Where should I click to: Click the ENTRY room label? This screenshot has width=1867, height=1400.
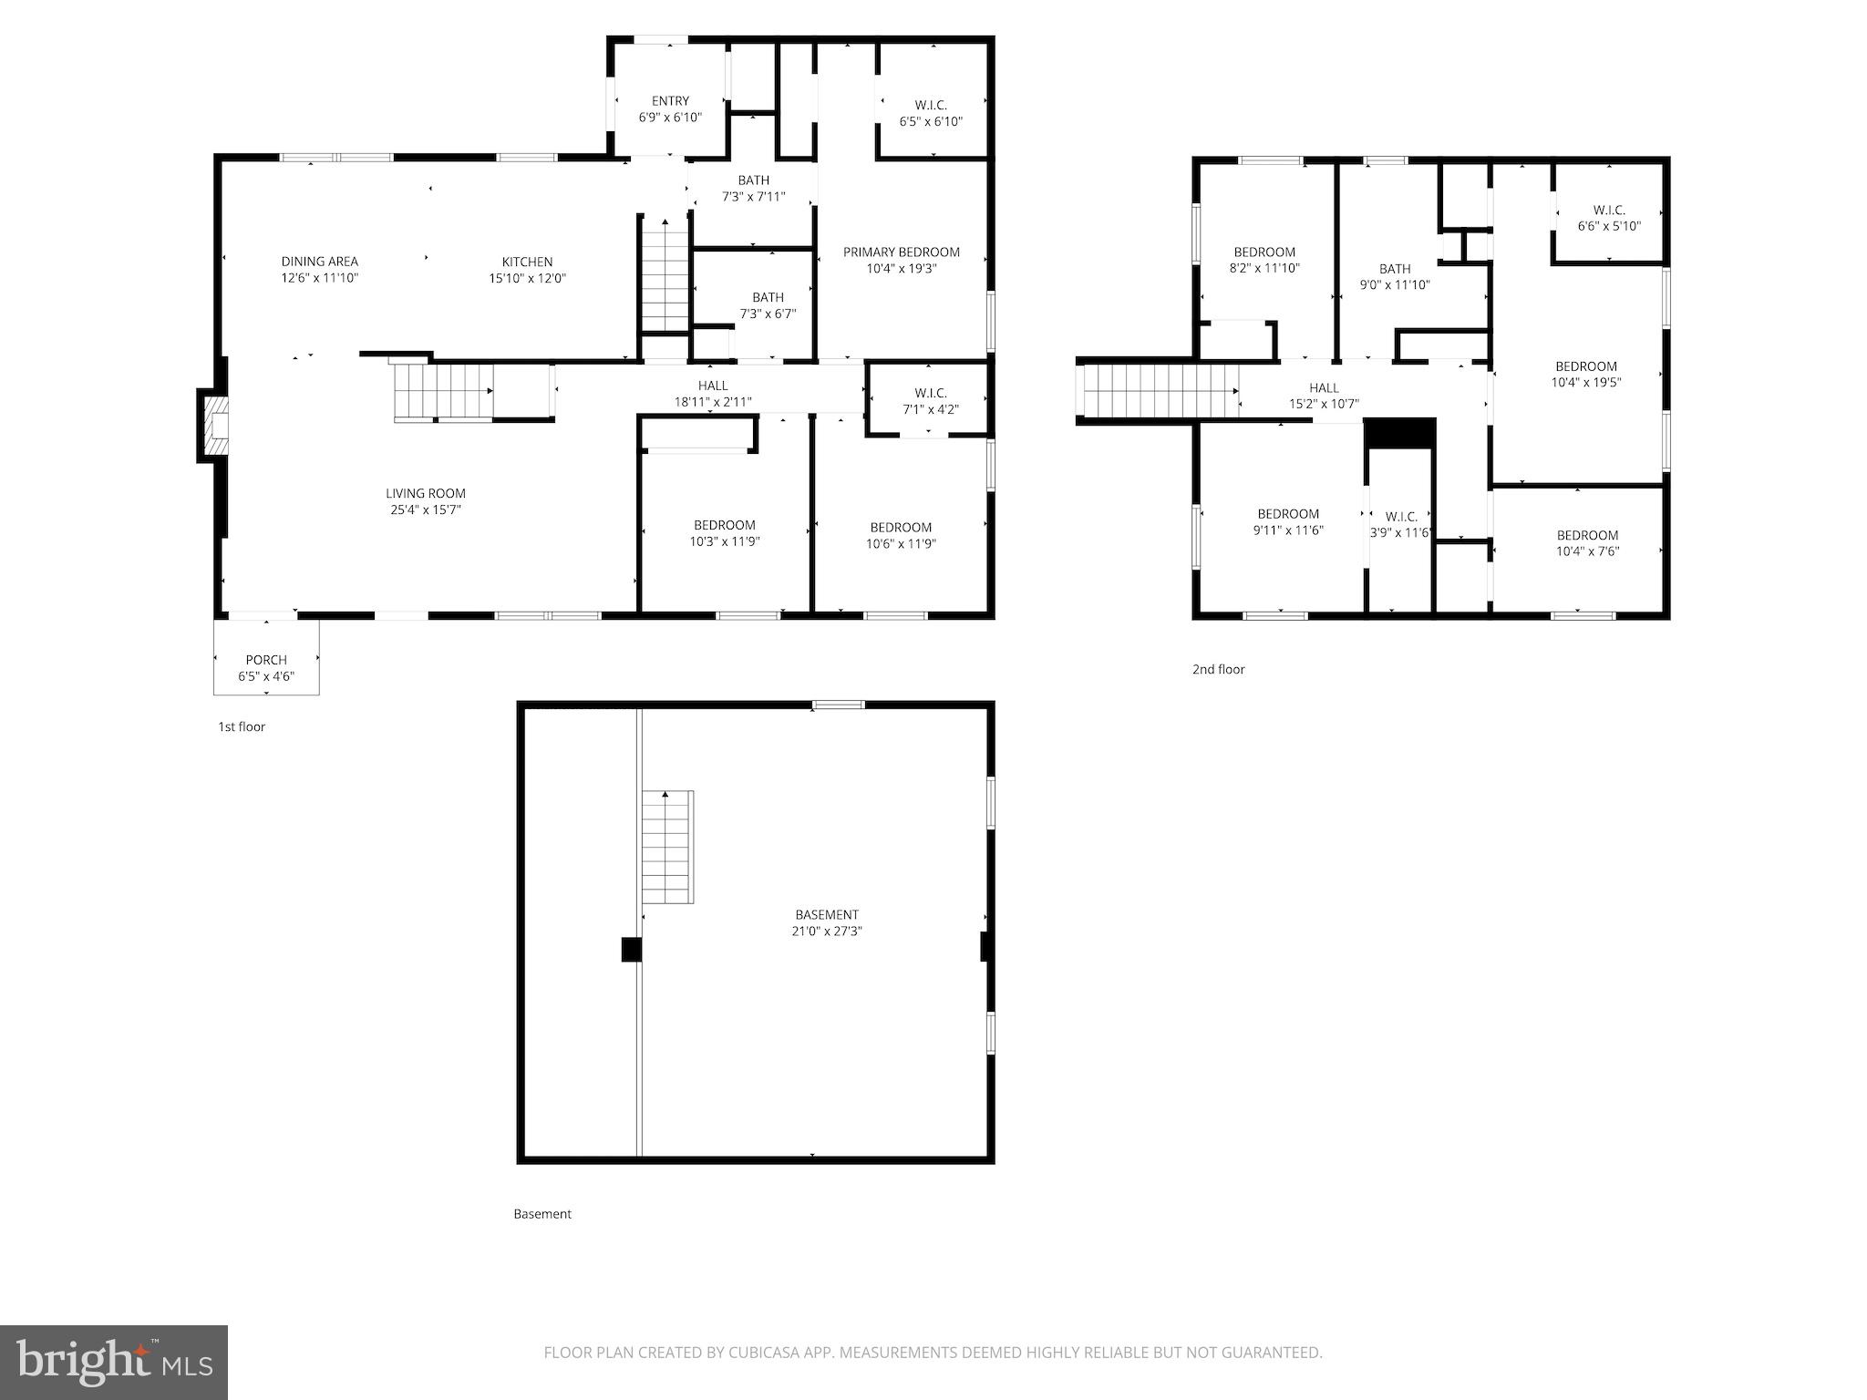(x=670, y=101)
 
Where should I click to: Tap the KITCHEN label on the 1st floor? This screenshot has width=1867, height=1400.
(x=527, y=262)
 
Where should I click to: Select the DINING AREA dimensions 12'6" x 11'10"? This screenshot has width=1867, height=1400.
(x=319, y=278)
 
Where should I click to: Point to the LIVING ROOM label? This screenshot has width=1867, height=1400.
(x=425, y=493)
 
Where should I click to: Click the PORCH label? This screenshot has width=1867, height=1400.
(x=266, y=660)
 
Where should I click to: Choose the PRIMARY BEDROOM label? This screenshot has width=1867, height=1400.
(x=901, y=252)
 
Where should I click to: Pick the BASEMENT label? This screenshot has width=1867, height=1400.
(x=826, y=915)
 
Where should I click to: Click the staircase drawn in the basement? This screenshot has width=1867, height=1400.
(x=667, y=848)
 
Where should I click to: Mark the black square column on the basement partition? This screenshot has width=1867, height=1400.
(x=631, y=950)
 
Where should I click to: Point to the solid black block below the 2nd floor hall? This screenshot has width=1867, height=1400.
(x=1399, y=434)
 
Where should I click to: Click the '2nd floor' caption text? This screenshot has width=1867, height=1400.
(x=1218, y=670)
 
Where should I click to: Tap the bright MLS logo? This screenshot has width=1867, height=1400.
(x=114, y=1362)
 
